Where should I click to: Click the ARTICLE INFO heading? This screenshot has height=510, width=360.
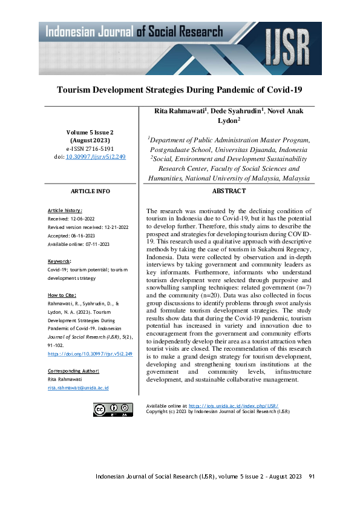(90, 191)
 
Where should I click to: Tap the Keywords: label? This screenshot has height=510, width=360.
(59, 260)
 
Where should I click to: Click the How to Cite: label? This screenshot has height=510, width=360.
(62, 295)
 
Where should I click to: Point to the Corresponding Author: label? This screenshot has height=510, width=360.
(73, 370)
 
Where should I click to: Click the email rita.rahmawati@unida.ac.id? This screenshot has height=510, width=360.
(77, 387)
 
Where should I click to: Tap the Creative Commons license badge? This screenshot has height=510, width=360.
(113, 409)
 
